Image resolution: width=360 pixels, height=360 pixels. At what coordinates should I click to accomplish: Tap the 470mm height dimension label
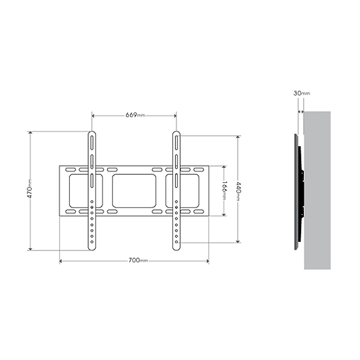pos(31,189)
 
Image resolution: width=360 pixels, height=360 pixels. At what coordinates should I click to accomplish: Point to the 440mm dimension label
pos(238,190)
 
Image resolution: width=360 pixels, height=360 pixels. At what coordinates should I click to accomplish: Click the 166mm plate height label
pos(224,190)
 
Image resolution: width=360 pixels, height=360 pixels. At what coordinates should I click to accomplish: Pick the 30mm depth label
pos(301,93)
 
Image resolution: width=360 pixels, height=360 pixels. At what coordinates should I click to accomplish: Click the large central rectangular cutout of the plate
pos(134,191)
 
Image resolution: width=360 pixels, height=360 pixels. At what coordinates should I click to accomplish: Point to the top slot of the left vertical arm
pos(92,143)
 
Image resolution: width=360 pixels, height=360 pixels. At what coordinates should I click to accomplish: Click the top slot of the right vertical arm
pos(176,143)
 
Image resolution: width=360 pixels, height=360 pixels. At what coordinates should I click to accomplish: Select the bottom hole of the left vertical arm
pos(92,241)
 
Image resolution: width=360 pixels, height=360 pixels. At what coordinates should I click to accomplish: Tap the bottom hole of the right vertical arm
pos(176,241)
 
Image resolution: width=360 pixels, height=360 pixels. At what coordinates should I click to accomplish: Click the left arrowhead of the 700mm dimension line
pos(61,261)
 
